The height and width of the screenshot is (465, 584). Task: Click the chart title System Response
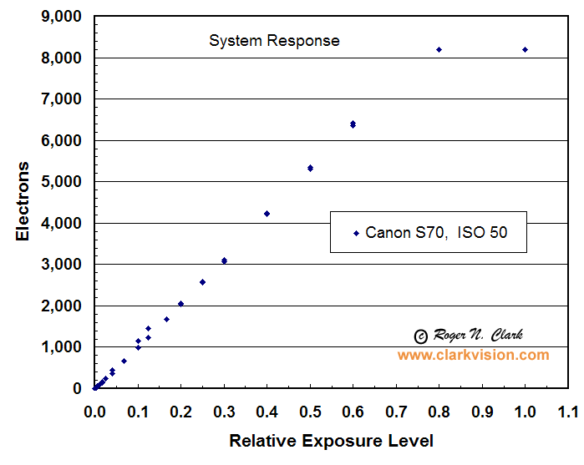pyautogui.click(x=274, y=40)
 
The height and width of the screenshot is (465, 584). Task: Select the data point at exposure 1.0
pyautogui.click(x=525, y=50)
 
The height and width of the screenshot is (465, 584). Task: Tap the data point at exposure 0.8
pyautogui.click(x=439, y=50)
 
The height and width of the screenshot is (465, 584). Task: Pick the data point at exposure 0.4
pyautogui.click(x=267, y=214)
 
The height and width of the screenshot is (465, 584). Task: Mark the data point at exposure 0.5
pyautogui.click(x=310, y=168)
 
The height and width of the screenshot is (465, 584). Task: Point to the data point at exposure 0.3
pyautogui.click(x=224, y=261)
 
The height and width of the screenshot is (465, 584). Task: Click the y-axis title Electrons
pyautogui.click(x=23, y=201)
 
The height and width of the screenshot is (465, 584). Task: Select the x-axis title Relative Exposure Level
pyautogui.click(x=332, y=440)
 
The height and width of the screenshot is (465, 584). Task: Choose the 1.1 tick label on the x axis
pyautogui.click(x=568, y=412)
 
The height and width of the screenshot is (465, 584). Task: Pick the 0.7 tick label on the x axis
pyautogui.click(x=396, y=412)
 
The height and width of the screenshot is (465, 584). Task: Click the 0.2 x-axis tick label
pyautogui.click(x=180, y=412)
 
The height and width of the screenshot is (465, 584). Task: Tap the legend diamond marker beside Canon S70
pyautogui.click(x=356, y=234)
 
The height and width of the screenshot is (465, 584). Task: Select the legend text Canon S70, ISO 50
pyautogui.click(x=435, y=234)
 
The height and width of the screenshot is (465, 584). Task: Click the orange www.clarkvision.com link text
pyautogui.click(x=473, y=355)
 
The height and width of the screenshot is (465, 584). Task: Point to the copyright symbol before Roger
pyautogui.click(x=421, y=336)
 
